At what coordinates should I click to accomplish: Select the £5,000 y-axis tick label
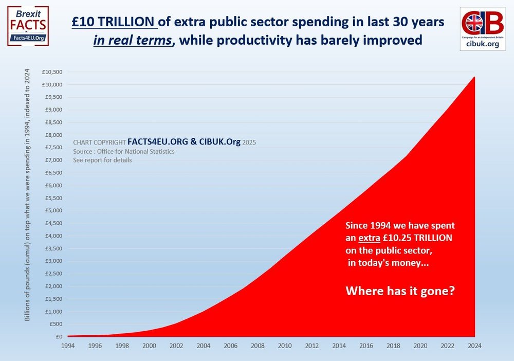tap(53, 210)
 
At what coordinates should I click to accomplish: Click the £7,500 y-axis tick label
tap(53, 148)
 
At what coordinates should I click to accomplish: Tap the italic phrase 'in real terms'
tap(132, 40)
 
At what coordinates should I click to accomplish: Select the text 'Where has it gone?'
tap(400, 291)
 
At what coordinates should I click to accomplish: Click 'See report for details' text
tap(102, 160)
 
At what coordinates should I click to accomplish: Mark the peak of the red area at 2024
tap(474, 77)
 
